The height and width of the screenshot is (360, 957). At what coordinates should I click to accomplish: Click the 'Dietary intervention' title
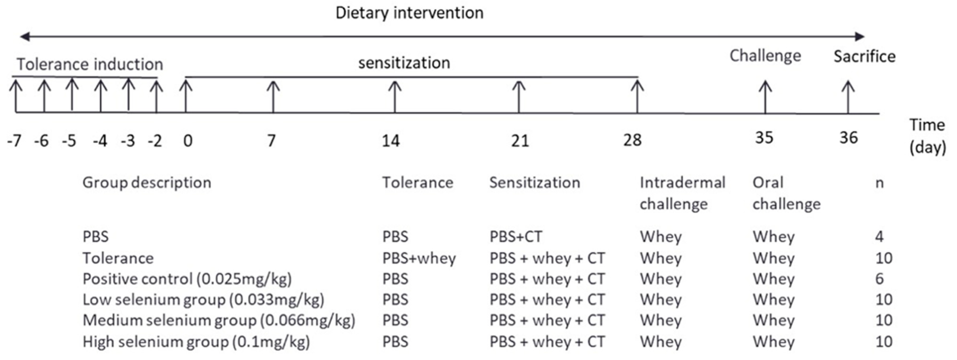click(x=409, y=13)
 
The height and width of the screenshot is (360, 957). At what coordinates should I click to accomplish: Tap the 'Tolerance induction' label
click(x=90, y=64)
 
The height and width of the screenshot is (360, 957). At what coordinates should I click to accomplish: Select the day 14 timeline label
click(x=391, y=141)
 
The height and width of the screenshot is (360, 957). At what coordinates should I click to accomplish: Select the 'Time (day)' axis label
click(x=927, y=136)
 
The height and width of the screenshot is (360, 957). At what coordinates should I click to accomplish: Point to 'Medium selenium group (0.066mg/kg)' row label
click(x=219, y=320)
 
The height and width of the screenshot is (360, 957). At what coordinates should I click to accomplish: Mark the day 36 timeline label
click(x=848, y=138)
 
